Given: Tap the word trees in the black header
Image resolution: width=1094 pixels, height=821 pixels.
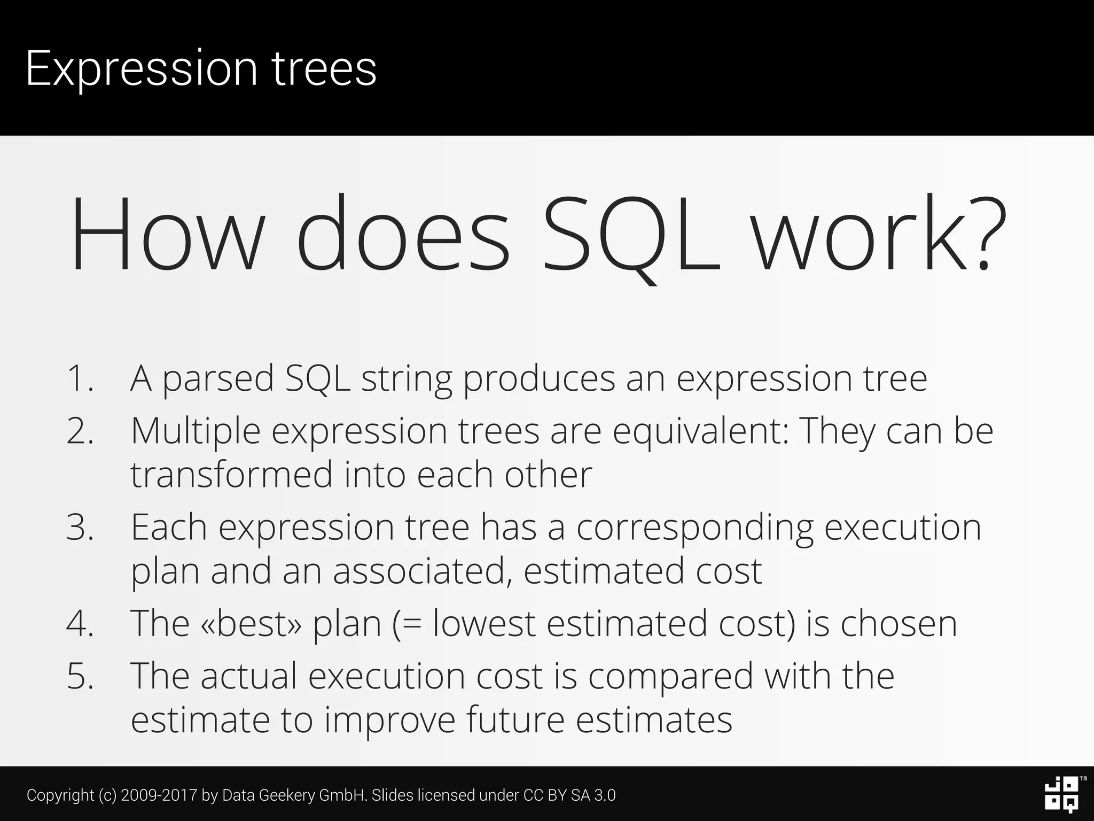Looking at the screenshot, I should (325, 68).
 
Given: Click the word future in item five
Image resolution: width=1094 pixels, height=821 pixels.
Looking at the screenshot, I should (515, 720).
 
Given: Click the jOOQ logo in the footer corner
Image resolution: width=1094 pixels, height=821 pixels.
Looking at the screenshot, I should (1061, 794).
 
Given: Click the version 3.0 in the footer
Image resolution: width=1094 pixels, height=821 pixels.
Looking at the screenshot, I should (605, 795).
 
